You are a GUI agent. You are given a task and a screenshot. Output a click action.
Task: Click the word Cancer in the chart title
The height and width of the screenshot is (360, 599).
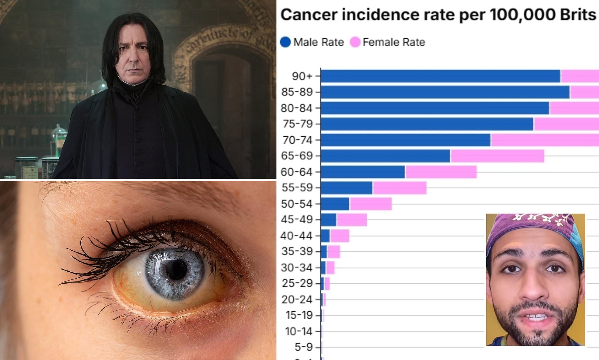(x=309, y=15)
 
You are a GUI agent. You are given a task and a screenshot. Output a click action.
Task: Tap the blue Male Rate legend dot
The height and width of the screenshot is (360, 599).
(x=285, y=42)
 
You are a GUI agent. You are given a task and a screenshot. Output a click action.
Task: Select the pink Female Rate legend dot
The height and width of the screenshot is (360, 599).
(x=355, y=42)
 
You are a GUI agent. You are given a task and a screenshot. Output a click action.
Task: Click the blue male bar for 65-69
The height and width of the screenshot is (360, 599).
(x=385, y=156)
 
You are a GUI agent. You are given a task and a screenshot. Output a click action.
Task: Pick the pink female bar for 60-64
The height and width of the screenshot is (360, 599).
(x=441, y=172)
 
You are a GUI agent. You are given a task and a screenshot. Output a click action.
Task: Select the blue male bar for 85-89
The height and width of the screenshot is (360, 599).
(x=445, y=92)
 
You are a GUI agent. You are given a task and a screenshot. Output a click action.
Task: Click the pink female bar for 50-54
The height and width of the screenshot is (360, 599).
(x=371, y=204)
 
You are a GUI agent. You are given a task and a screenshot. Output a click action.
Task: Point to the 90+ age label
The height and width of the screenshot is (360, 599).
(x=302, y=76)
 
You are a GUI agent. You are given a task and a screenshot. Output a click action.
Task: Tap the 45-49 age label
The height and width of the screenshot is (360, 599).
(x=297, y=220)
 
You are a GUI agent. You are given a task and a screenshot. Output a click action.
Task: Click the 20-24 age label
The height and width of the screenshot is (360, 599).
(x=297, y=300)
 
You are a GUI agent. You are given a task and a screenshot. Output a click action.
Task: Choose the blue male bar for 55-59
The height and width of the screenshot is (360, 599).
(x=347, y=188)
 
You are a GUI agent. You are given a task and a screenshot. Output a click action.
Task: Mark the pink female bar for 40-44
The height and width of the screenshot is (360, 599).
(x=340, y=236)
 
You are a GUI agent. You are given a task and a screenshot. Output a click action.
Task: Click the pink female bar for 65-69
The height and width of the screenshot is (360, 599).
(x=497, y=156)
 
